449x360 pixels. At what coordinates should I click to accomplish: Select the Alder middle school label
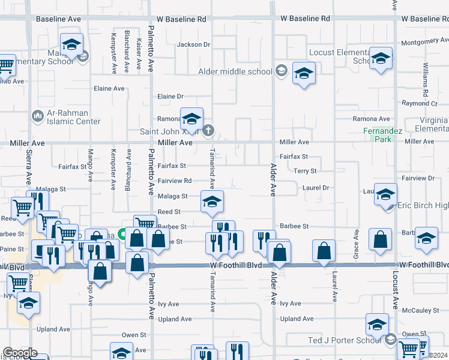pyautogui.click(x=235, y=71)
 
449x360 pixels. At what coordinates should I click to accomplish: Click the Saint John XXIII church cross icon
pyautogui.click(x=208, y=130)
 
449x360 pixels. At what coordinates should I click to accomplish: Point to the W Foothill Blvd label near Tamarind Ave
pyautogui.click(x=235, y=265)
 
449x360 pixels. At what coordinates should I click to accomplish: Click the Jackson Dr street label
pyautogui.click(x=193, y=44)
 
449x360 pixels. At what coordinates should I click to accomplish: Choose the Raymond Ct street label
pyautogui.click(x=420, y=103)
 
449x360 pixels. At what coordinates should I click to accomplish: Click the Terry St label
pyautogui.click(x=305, y=171)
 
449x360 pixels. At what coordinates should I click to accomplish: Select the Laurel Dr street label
pyautogui.click(x=316, y=188)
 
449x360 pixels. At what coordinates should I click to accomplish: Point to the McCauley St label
pyautogui.click(x=420, y=310)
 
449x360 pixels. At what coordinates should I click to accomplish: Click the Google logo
pyautogui.click(x=19, y=353)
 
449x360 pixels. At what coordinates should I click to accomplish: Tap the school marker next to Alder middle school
pyautogui.click(x=304, y=74)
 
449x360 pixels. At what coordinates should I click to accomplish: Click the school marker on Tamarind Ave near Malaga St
pyautogui.click(x=211, y=203)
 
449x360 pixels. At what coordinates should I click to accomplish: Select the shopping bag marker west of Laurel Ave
pyautogui.click(x=324, y=251)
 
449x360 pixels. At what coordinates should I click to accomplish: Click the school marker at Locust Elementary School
pyautogui.click(x=380, y=59)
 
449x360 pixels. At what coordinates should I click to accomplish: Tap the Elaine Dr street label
pyautogui.click(x=170, y=96)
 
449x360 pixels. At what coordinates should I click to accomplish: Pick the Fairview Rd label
pyautogui.click(x=174, y=181)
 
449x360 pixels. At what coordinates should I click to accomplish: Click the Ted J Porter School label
pyautogui.click(x=345, y=340)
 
